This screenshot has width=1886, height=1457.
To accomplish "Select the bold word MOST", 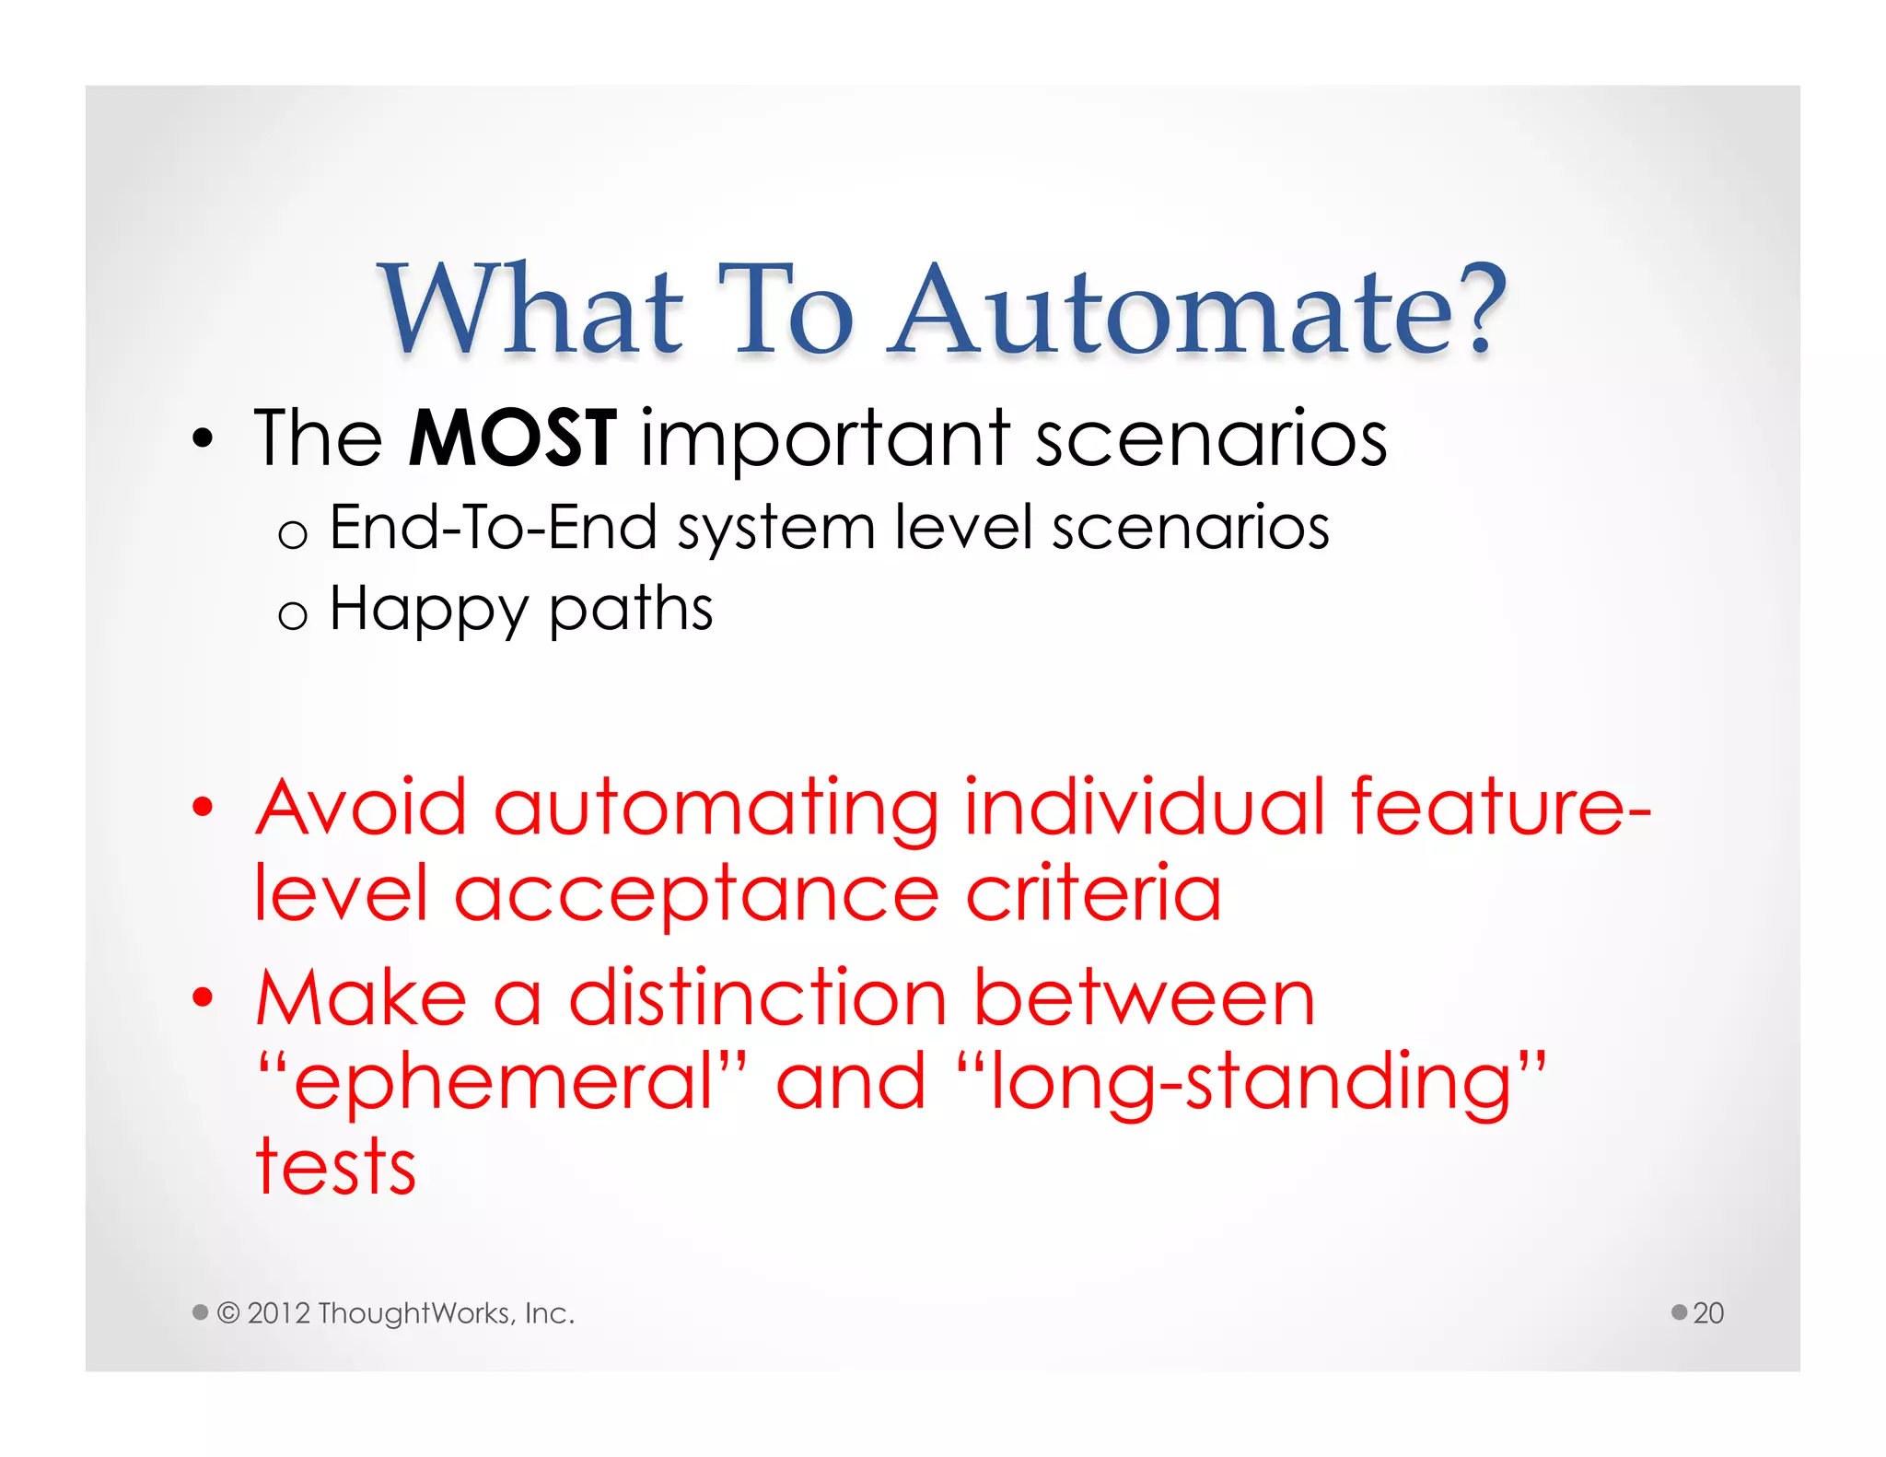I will point(512,438).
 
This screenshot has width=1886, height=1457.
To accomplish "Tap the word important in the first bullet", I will point(825,440).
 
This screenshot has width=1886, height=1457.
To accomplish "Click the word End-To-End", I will point(493,529).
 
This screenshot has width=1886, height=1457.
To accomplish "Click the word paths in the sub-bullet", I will point(631,611).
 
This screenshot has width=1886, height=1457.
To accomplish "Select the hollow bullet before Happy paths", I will point(292,615).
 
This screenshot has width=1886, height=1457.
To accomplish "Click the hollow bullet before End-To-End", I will point(292,534).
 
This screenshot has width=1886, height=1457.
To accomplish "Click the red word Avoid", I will point(361,808).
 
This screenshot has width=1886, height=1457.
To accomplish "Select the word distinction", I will point(757,998).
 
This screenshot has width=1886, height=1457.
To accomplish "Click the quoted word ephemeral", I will point(503,1083).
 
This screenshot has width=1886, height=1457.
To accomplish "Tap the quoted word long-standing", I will point(1251,1083).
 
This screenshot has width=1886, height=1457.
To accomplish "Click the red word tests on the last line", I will point(335,1168).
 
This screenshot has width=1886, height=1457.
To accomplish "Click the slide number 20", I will point(1707,1312).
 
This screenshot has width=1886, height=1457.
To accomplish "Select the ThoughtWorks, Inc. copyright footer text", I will point(396,1312).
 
